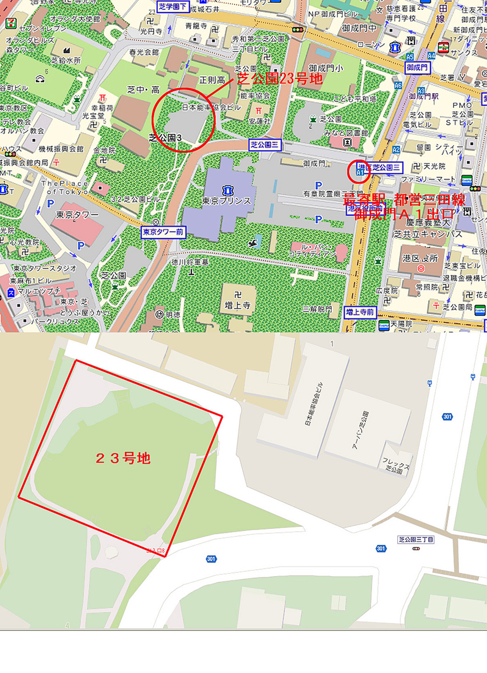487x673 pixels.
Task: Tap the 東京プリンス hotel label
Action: pyautogui.click(x=226, y=201)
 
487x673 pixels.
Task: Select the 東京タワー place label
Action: pyautogui.click(x=77, y=215)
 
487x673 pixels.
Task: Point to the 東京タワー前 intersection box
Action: pyautogui.click(x=163, y=232)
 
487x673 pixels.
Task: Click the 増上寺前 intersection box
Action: pyautogui.click(x=360, y=312)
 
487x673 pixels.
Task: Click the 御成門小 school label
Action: pyautogui.click(x=325, y=68)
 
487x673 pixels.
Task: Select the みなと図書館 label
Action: pyautogui.click(x=346, y=133)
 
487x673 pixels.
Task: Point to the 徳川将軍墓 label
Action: pyautogui.click(x=190, y=262)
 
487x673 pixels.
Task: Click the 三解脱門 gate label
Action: pyautogui.click(x=317, y=309)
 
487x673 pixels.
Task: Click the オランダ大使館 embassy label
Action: pyautogui.click(x=75, y=19)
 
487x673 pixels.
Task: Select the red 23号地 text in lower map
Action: pyautogui.click(x=123, y=458)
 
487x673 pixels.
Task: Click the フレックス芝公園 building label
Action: pyautogui.click(x=395, y=466)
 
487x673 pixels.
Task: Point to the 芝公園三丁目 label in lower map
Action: pyautogui.click(x=416, y=540)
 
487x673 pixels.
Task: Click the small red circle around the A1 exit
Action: pyautogui.click(x=359, y=171)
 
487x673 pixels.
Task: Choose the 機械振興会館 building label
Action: pyautogui.click(x=61, y=149)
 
